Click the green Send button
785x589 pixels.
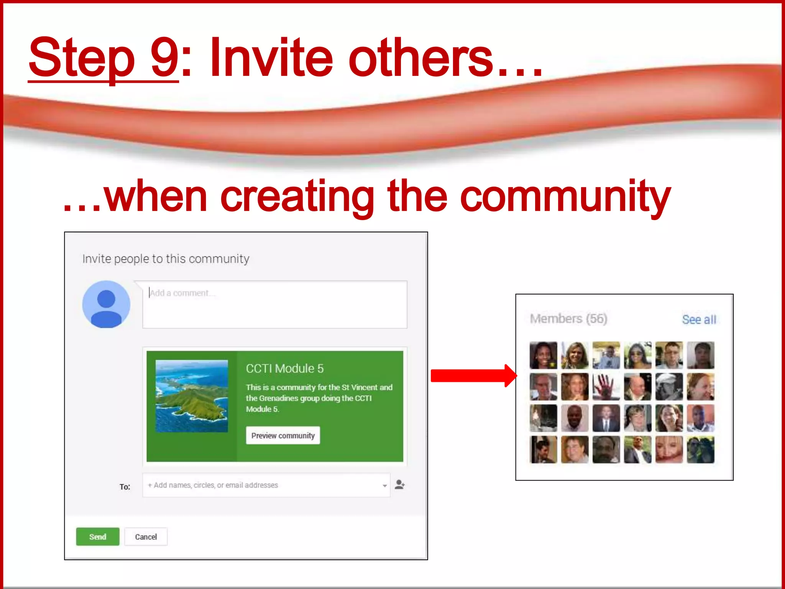[x=97, y=536]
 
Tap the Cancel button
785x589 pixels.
[x=146, y=536]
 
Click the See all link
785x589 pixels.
[x=699, y=319]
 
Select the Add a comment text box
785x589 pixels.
[x=274, y=304]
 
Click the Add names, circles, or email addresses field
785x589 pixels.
[x=261, y=485]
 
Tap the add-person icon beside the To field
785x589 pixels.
[x=399, y=485]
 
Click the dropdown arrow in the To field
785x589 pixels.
[x=384, y=486]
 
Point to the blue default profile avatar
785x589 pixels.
[x=106, y=304]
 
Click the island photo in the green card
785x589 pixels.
[x=192, y=396]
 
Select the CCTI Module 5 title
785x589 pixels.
[x=284, y=369]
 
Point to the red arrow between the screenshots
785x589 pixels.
[x=473, y=375]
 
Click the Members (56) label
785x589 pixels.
[x=568, y=319]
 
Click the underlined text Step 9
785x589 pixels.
[x=103, y=58]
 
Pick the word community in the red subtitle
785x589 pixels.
[x=565, y=196]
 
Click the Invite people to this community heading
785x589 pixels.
[x=166, y=259]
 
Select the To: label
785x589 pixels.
[x=125, y=487]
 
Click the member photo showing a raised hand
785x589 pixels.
[x=606, y=387]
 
